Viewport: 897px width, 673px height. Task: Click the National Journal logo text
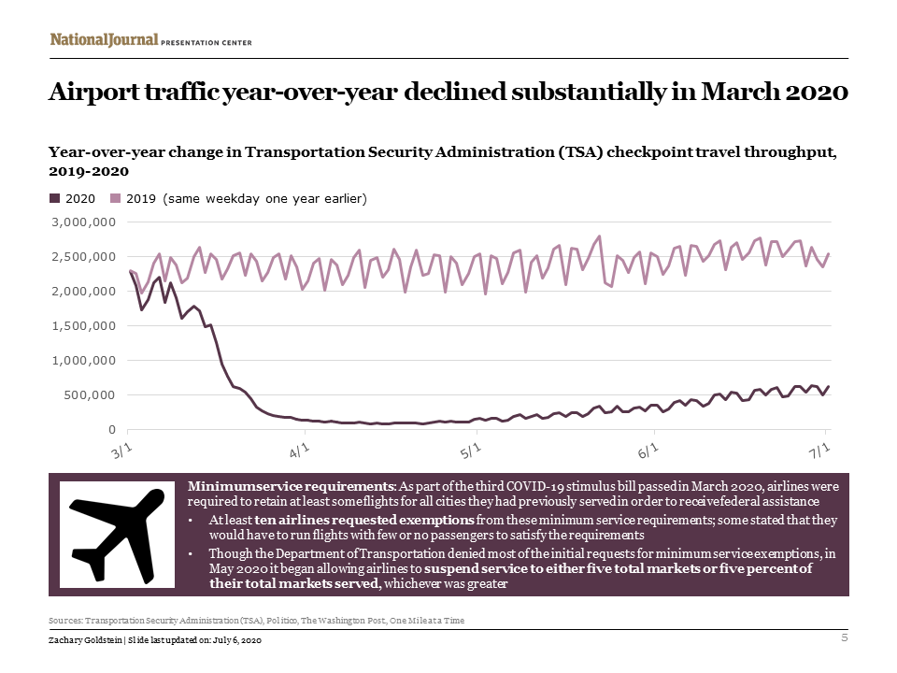click(x=103, y=40)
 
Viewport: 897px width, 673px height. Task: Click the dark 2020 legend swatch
click(x=53, y=198)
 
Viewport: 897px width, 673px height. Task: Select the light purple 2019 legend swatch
click(x=116, y=198)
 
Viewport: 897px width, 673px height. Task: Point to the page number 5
click(x=844, y=637)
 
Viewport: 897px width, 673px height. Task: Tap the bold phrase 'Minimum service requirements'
click(x=292, y=487)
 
